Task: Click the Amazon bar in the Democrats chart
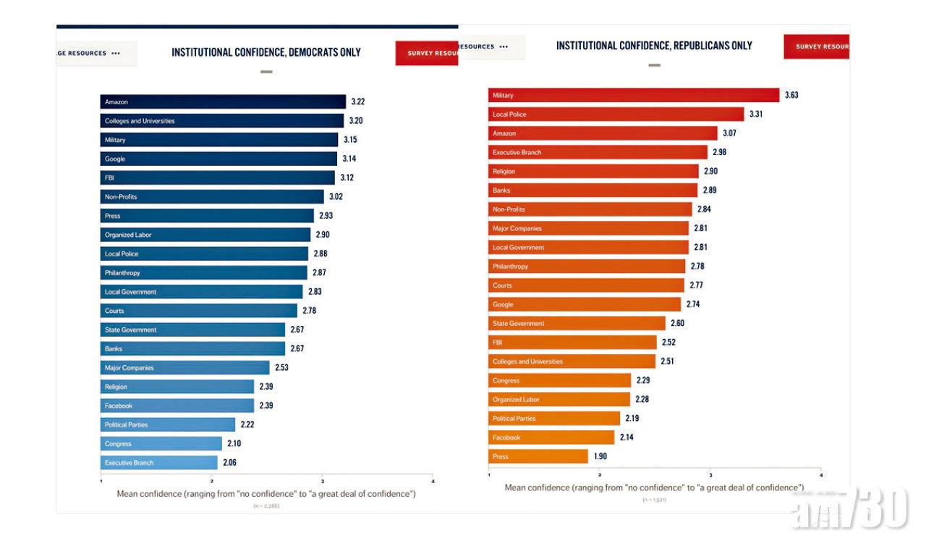pos(223,102)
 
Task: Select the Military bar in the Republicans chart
pos(634,96)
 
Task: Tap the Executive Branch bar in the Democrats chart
pos(158,463)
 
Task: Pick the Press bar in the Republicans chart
pos(538,457)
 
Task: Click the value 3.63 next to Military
pos(791,96)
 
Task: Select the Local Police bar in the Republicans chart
pos(616,114)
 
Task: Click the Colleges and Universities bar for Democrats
pos(222,121)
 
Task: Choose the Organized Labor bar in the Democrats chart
pos(205,235)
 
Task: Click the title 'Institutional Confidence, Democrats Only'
pos(266,52)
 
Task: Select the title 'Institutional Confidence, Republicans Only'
pos(654,46)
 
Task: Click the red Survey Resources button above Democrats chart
pos(427,53)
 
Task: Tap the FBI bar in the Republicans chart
pos(572,343)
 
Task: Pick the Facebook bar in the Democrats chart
pos(177,406)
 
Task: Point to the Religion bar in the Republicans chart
pos(594,172)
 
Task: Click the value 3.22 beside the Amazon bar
pos(358,102)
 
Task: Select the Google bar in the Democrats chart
pos(218,159)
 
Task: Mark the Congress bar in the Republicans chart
pos(560,380)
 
